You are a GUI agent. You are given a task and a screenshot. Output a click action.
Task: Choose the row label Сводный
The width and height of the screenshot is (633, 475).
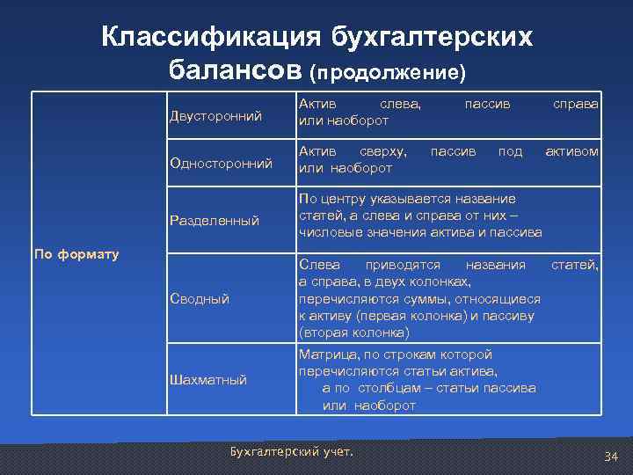tap(200, 299)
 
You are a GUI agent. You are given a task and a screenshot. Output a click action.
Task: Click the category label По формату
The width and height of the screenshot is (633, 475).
tap(76, 255)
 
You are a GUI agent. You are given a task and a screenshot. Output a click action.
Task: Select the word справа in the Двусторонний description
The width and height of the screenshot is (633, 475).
tap(575, 104)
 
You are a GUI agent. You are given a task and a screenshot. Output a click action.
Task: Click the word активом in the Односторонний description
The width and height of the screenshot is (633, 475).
tap(571, 151)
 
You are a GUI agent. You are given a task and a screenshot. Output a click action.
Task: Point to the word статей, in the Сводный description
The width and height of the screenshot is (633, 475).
tap(574, 265)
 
